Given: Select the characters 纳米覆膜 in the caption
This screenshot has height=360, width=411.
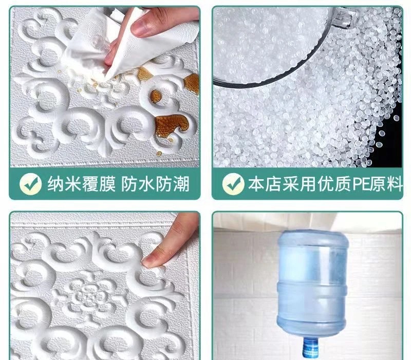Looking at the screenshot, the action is [x=81, y=184].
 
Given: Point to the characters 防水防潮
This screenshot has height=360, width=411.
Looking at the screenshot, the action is [x=155, y=184].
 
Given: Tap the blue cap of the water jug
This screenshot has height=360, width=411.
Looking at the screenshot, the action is [x=311, y=348].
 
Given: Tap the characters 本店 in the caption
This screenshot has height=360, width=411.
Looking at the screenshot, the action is [x=264, y=184].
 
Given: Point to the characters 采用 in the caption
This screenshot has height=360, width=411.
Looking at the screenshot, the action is [x=299, y=184].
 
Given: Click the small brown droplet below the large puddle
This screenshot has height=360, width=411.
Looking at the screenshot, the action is [x=159, y=154].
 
